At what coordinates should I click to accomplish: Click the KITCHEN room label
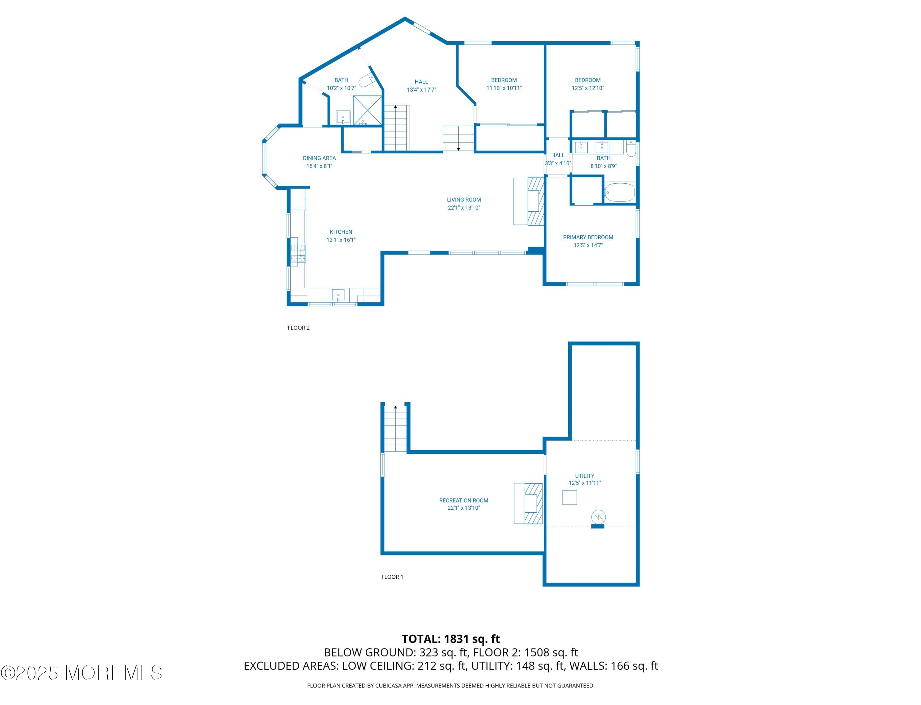pos(341,232)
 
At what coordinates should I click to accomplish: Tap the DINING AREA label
pos(319,158)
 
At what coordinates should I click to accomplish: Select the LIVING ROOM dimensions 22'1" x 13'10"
pos(464,208)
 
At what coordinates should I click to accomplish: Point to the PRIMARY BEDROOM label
pos(588,237)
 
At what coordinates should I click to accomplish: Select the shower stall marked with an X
pos(367,110)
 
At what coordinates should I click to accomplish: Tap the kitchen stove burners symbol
pos(298,253)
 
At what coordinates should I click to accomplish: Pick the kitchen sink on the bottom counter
pos(338,295)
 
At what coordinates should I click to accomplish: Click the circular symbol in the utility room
pos(598,516)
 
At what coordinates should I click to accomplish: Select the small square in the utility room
pos(569,498)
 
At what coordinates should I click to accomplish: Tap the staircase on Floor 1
pos(395,428)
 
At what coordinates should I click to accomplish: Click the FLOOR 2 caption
pos(298,328)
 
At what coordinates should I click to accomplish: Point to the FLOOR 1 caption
pos(392,577)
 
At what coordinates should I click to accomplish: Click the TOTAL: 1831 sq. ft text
pos(451,639)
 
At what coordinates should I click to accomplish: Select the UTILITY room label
pos(585,475)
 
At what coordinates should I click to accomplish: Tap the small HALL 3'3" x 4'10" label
pos(558,159)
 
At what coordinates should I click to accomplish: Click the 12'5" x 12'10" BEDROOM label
pos(587,84)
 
